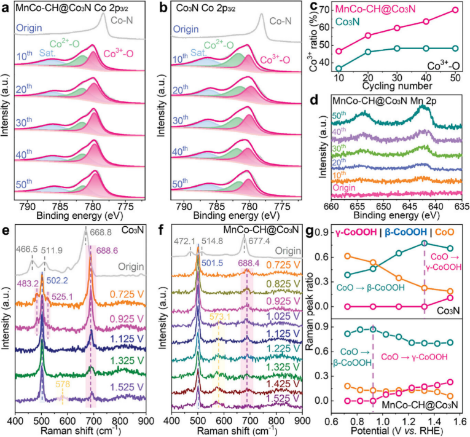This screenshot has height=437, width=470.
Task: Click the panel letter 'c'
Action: point(318,8)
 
